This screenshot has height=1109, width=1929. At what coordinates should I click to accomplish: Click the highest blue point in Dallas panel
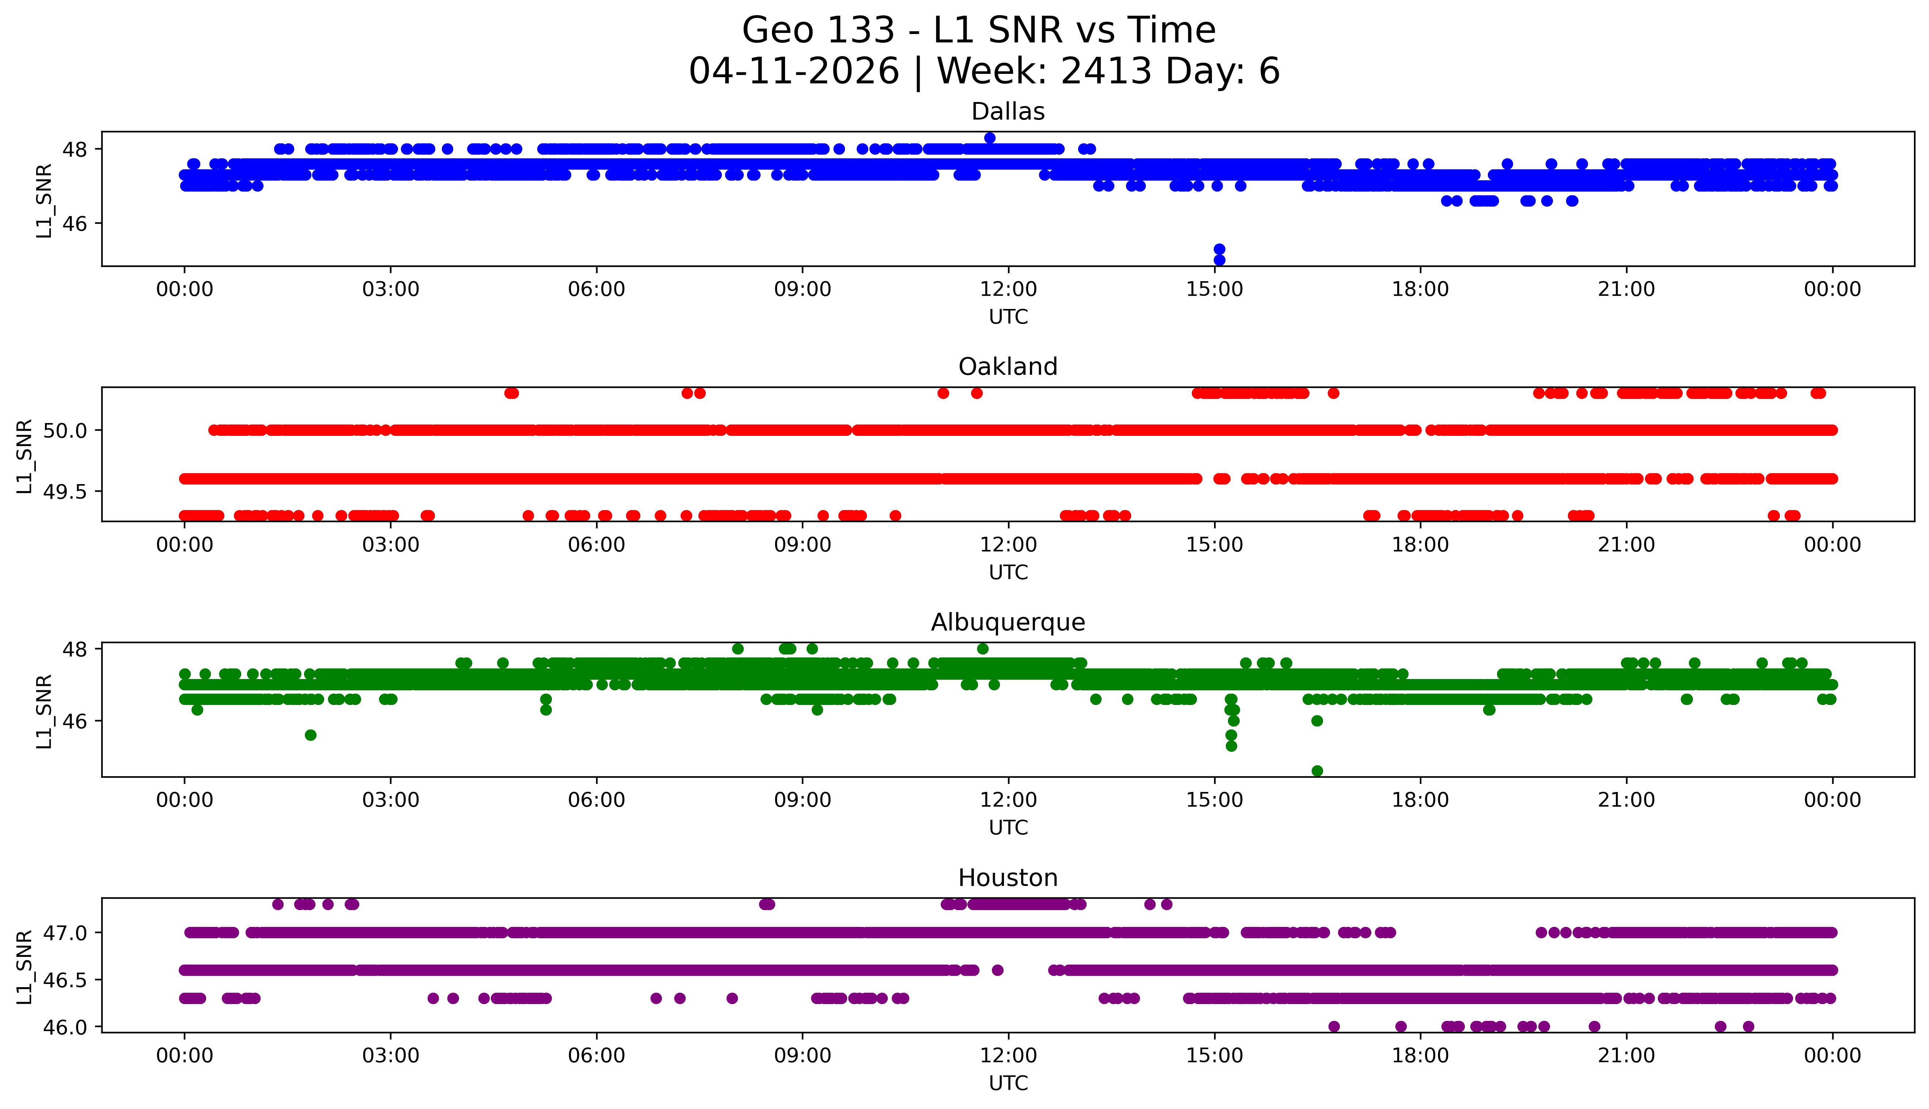pyautogui.click(x=990, y=138)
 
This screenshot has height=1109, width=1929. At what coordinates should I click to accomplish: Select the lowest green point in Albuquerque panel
pyautogui.click(x=1317, y=771)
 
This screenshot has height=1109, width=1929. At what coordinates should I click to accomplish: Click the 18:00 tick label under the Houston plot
pyautogui.click(x=1421, y=1056)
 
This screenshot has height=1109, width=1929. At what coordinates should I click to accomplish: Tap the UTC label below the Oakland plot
pyautogui.click(x=1008, y=572)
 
